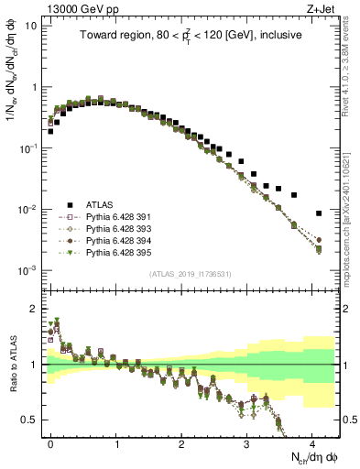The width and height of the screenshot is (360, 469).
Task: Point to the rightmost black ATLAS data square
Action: (x=319, y=213)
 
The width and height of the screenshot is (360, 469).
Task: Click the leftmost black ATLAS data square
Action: (x=50, y=131)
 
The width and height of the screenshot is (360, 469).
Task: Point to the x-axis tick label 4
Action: (x=312, y=442)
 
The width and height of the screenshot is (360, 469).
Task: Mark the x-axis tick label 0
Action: (x=51, y=442)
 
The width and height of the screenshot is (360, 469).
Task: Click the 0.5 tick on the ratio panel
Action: (x=34, y=420)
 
